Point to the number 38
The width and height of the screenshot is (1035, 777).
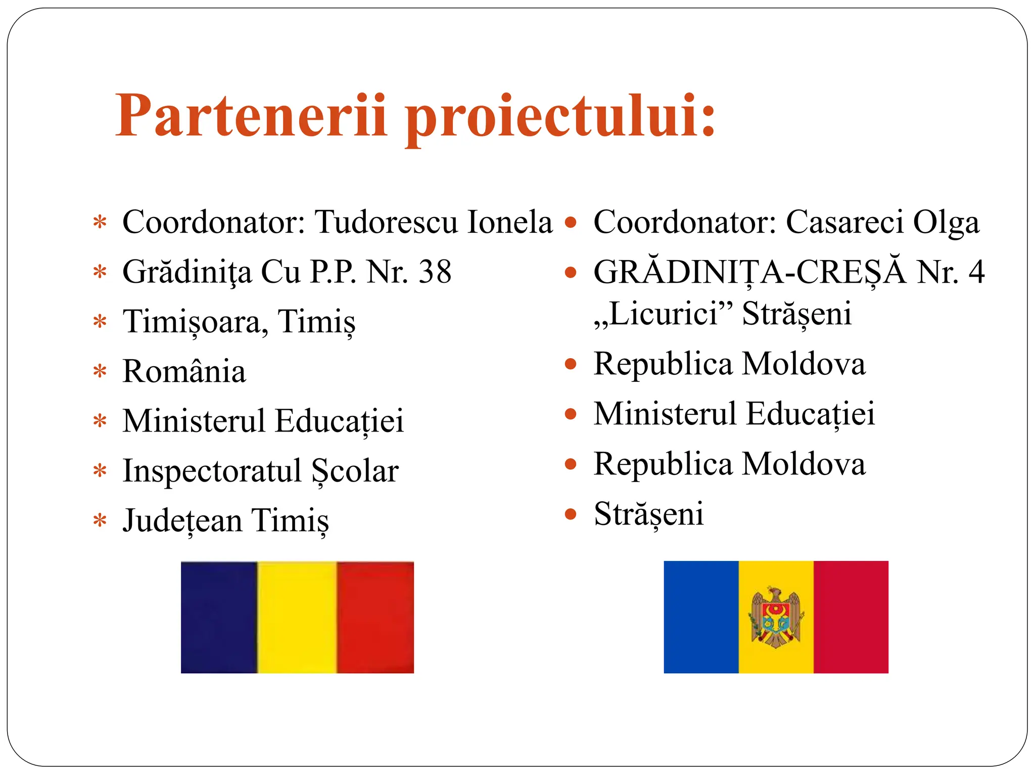[435, 272]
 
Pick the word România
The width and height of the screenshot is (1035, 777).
[184, 371]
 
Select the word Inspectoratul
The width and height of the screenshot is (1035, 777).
[212, 471]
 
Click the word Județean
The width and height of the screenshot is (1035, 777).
[182, 521]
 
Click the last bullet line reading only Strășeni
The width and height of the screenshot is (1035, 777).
[648, 514]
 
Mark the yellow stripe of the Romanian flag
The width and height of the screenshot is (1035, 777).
[297, 617]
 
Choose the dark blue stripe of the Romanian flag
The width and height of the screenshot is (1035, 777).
[219, 617]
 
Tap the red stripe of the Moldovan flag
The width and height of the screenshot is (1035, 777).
[851, 617]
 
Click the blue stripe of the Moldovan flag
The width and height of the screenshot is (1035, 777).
[701, 617]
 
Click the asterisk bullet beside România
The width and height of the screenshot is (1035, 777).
[100, 372]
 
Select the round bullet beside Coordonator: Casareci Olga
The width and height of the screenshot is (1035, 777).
[571, 223]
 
